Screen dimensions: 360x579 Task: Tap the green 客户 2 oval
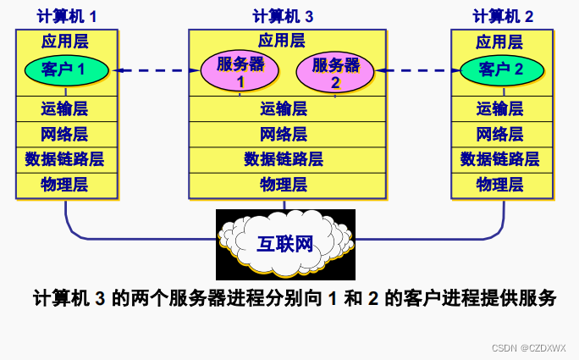coord(501,69)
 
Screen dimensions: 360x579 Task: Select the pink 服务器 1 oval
coord(240,71)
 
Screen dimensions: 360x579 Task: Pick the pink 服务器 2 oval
coord(335,71)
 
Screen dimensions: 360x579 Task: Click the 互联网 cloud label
coord(285,244)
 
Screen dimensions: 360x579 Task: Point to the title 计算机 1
coord(67,16)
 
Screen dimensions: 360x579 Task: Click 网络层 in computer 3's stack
coord(284,134)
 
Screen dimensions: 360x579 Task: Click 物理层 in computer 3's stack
coord(284,184)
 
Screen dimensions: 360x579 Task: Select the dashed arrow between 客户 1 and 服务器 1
coord(156,71)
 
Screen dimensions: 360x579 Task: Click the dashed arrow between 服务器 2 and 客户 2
coord(413,71)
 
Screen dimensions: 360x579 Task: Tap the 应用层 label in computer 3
coord(284,40)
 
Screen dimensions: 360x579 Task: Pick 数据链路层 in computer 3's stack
coord(284,158)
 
